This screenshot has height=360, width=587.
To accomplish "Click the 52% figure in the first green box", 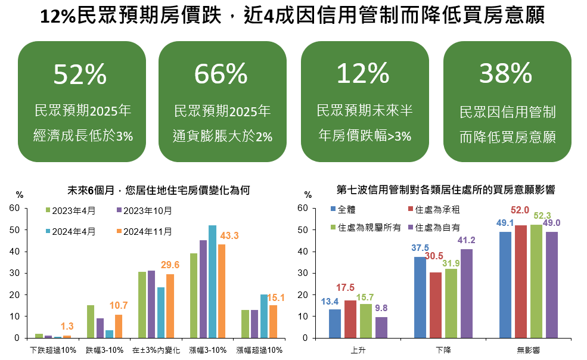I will point(80,74).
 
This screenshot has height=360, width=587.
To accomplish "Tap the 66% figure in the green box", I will point(221,74).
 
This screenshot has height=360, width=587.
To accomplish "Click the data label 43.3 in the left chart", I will point(229,236).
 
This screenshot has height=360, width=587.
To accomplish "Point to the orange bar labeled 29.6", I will point(170,306).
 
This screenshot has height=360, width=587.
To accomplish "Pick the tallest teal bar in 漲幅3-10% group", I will point(212,281).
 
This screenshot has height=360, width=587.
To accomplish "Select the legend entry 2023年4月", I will point(71,210).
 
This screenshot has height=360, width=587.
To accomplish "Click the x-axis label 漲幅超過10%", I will point(259,350).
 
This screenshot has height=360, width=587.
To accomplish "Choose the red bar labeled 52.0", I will point(520,281).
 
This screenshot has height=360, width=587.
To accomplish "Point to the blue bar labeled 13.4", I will point(335,323).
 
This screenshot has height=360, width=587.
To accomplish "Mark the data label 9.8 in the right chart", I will point(381,308).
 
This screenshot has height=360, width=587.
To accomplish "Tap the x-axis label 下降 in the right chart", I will point(443,350).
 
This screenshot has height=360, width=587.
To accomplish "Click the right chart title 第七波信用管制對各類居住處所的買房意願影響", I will point(445,191).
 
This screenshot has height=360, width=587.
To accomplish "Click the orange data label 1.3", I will point(67,327).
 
